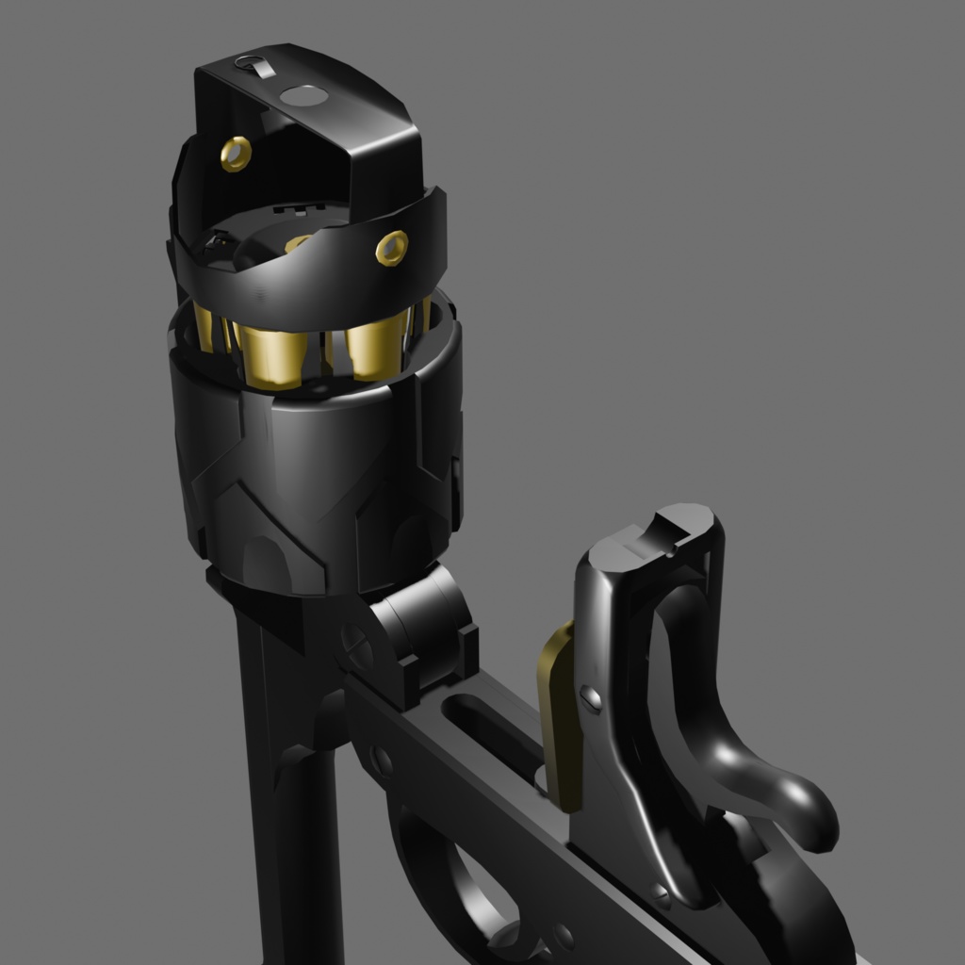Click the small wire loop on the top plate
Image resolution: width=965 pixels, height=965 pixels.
[254, 66]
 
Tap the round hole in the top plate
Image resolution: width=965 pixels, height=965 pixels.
[304, 95]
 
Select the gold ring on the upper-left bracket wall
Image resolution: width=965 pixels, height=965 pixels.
[236, 153]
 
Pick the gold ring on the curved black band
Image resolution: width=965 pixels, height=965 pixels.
[392, 247]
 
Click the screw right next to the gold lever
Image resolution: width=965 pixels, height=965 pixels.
[591, 698]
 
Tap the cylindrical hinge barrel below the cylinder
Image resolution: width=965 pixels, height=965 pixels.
[424, 622]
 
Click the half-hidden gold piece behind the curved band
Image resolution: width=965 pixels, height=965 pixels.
[296, 244]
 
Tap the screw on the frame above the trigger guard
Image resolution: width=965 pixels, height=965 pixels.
[382, 760]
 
